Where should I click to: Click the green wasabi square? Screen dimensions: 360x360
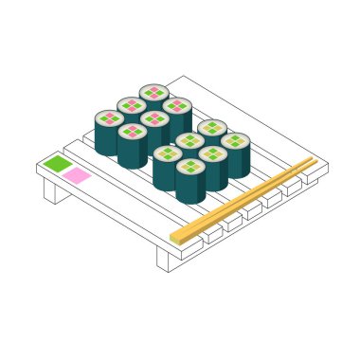pyautogui.click(x=58, y=164)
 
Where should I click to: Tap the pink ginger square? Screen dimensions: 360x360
pyautogui.click(x=77, y=175)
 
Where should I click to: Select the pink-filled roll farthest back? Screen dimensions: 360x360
pyautogui.click(x=154, y=92)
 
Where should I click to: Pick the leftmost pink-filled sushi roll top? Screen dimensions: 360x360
pyautogui.click(x=109, y=118)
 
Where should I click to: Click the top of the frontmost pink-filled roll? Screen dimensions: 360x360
pyautogui.click(x=133, y=132)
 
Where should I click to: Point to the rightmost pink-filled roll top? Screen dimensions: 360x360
pyautogui.click(x=177, y=105)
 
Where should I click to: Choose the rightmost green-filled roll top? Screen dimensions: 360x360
pyautogui.click(x=235, y=141)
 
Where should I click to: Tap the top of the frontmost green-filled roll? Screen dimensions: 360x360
pyautogui.click(x=190, y=167)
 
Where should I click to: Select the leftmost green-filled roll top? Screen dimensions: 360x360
pyautogui.click(x=168, y=153)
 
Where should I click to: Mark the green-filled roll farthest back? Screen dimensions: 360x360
pyautogui.click(x=212, y=128)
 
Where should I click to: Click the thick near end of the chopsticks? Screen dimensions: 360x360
pyautogui.click(x=176, y=236)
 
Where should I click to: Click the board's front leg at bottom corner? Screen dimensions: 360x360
pyautogui.click(x=163, y=259)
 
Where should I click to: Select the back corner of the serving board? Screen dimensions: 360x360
pyautogui.click(x=183, y=78)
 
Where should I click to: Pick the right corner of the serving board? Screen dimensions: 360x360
pyautogui.click(x=327, y=166)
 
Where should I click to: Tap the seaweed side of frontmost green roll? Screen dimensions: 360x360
pyautogui.click(x=189, y=189)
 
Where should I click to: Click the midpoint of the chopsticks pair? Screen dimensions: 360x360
pyautogui.click(x=244, y=198)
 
